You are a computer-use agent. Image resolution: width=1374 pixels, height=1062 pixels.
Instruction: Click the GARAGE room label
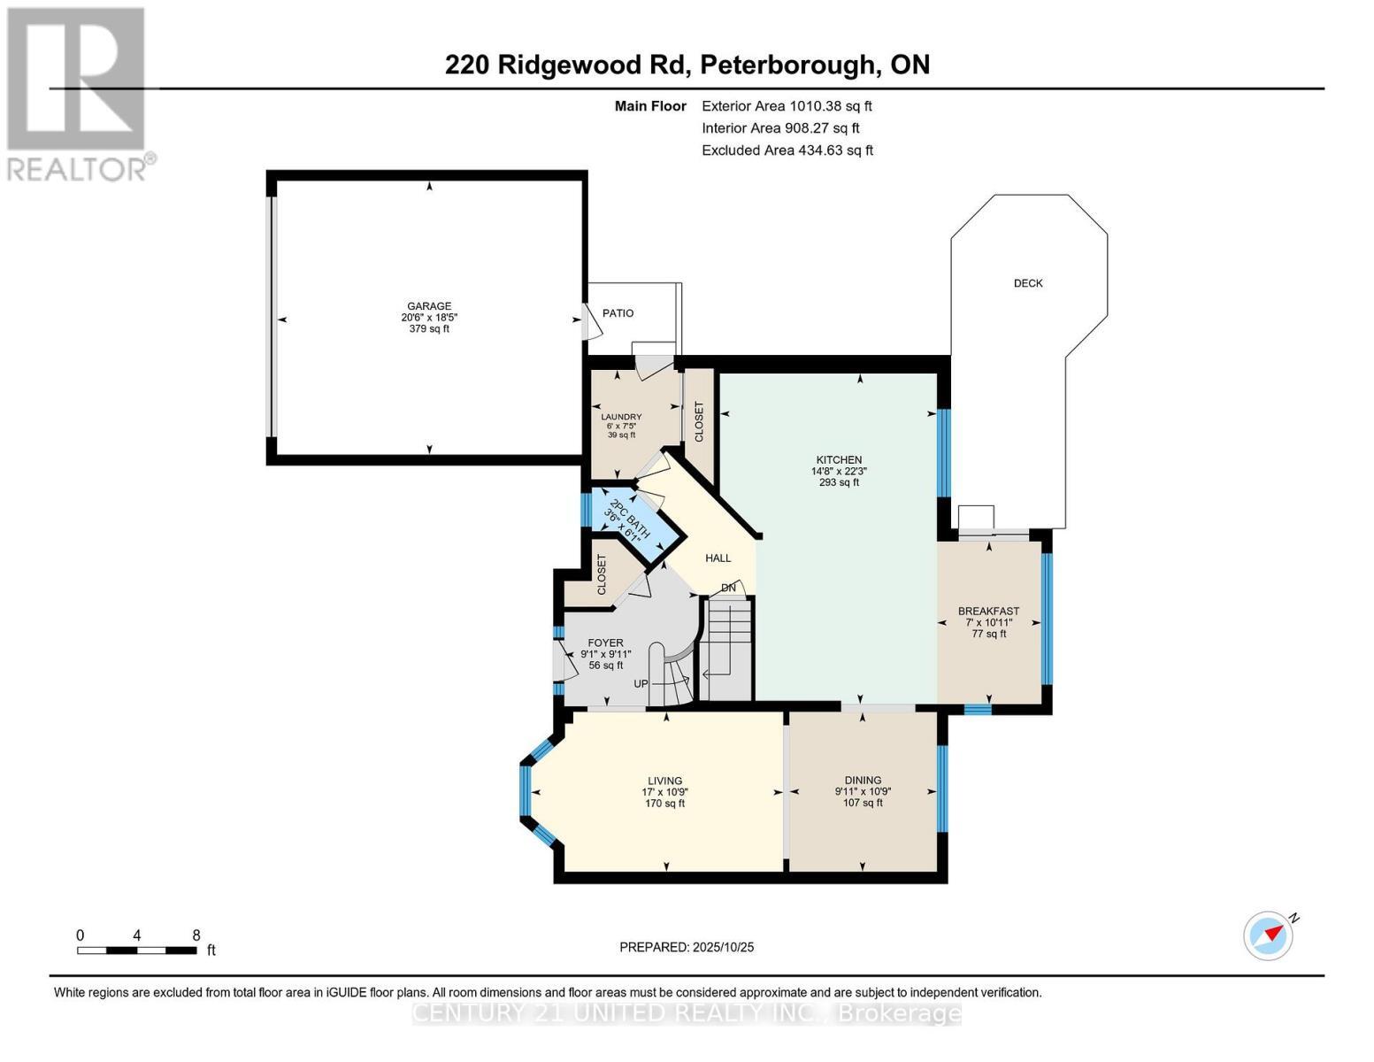click(429, 306)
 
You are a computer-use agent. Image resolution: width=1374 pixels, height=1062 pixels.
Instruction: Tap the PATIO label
click(618, 313)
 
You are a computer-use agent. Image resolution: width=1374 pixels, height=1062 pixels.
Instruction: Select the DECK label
click(1028, 283)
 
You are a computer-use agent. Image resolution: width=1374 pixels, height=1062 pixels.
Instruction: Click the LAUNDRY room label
click(621, 417)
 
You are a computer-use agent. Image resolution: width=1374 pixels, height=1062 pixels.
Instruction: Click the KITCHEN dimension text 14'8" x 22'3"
click(839, 472)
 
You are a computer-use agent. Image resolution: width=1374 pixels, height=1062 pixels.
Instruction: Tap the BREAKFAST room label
click(988, 611)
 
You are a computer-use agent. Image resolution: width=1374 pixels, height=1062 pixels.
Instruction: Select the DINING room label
click(863, 781)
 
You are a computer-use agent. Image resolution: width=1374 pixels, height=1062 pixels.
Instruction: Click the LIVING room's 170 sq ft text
click(665, 804)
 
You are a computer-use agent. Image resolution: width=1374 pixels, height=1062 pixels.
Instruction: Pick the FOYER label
click(605, 643)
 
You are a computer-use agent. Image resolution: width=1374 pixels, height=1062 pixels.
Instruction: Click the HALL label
click(718, 558)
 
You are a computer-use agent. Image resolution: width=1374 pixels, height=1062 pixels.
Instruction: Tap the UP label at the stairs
click(641, 684)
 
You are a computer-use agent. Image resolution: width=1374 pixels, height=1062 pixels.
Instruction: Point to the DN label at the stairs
click(728, 588)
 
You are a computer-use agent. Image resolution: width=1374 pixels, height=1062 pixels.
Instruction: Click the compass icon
click(1269, 935)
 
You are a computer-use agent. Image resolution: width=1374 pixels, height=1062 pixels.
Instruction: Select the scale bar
click(137, 950)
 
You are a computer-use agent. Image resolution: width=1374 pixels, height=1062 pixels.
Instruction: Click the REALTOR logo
click(78, 93)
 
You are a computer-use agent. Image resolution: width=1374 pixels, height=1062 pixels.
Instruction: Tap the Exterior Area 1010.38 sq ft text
click(787, 106)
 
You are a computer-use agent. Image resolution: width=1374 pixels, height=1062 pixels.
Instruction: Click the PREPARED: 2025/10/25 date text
click(687, 947)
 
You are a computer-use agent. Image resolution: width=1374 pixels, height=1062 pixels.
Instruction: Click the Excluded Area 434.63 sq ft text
click(787, 150)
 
